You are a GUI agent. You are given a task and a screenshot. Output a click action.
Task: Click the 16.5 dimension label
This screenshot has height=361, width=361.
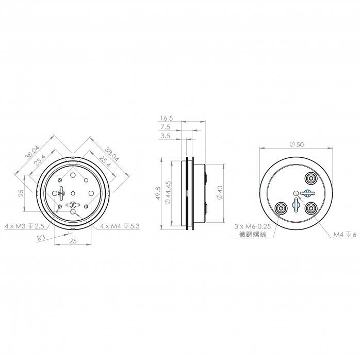click(x=167, y=118)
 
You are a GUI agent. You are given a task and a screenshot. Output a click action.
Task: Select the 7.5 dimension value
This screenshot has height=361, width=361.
click(x=166, y=127)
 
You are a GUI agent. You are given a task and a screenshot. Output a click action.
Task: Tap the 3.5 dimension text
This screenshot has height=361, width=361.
click(x=166, y=136)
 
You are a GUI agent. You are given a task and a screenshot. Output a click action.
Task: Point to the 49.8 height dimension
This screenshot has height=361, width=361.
click(x=158, y=193)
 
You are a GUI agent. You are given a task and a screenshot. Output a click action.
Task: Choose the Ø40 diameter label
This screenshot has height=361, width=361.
click(x=220, y=193)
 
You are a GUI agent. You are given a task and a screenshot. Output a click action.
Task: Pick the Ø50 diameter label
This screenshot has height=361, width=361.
click(x=297, y=144)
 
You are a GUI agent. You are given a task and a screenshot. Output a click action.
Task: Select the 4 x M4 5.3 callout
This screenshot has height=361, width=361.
click(x=120, y=226)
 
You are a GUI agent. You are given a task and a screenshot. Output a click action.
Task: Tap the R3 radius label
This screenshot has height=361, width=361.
click(x=41, y=238)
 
